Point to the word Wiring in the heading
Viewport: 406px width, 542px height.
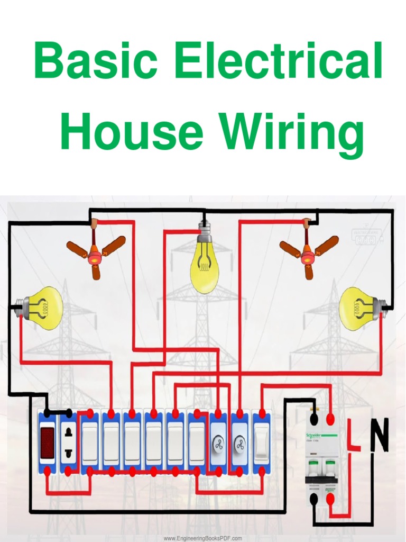(x=292, y=135)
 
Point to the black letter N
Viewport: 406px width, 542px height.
(x=379, y=435)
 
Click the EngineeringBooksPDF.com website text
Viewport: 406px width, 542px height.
(x=202, y=538)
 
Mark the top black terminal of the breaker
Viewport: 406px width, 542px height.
(x=313, y=419)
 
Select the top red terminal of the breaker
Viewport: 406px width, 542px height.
(x=331, y=419)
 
